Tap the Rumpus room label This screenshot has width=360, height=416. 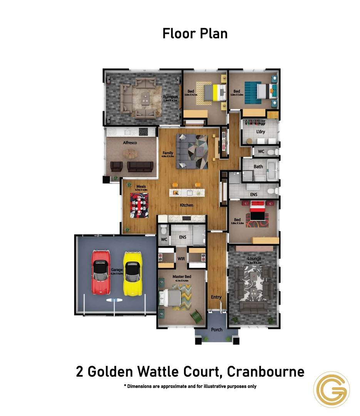coord(170,97)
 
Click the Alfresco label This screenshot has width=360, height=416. coord(130,143)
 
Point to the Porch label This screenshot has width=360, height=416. coord(217,330)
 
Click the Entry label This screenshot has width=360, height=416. coord(216,297)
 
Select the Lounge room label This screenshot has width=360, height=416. coord(255,258)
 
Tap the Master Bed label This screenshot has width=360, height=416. coord(182,277)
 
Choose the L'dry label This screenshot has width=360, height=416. coord(261,132)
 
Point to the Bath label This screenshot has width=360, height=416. coord(258,167)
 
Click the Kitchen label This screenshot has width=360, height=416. coord(187,205)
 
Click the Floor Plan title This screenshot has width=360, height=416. coord(195,34)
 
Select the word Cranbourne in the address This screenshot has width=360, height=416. coord(266,372)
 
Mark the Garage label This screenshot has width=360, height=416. coord(117,270)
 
